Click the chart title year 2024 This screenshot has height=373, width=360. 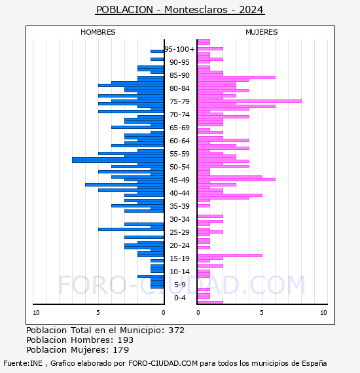251,10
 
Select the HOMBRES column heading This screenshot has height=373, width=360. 98,32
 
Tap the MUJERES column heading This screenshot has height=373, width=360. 262,32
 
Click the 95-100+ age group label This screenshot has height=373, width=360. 179,49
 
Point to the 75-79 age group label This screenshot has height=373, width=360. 179,101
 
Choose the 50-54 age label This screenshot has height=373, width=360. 179,167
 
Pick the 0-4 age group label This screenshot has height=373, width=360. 179,298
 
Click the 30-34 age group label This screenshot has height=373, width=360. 179,219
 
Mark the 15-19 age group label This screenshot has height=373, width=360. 179,258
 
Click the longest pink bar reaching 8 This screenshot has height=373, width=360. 249,101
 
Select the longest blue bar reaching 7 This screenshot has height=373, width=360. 118,160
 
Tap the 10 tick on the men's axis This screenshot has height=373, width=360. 36,313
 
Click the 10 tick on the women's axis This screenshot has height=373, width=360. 323,313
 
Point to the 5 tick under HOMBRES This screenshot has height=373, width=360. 98,313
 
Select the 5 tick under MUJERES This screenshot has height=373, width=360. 262,313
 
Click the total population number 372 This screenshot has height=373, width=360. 176,330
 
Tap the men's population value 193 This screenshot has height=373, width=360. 126,340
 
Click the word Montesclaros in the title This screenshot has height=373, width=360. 196,10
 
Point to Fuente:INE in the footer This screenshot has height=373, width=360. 23,363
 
